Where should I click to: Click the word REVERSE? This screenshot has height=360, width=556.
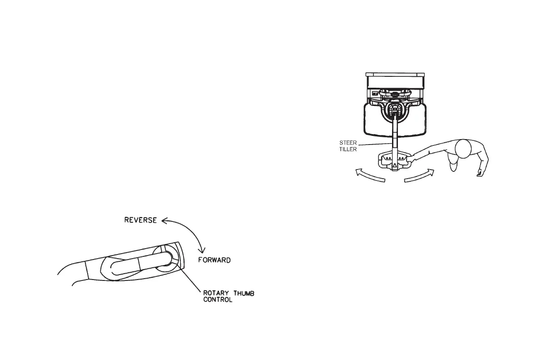pos(140,220)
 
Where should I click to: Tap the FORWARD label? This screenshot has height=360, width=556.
pos(214,260)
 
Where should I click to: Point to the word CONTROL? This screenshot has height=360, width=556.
pos(218,300)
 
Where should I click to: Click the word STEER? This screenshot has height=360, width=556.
pos(348,143)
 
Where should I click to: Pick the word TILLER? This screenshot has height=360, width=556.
pos(348,149)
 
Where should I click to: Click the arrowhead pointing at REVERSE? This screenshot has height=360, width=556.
pos(164,221)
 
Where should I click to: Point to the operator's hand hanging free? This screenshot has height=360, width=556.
pos(479,173)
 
